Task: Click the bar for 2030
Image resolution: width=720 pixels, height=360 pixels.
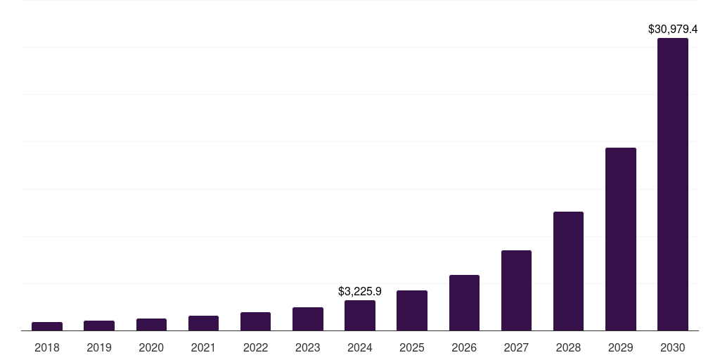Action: coord(672,184)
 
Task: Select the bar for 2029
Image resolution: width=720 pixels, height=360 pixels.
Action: coord(620,239)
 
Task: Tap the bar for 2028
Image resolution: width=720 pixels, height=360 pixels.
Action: coord(568,271)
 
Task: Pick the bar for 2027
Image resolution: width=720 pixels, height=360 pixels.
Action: coord(516,290)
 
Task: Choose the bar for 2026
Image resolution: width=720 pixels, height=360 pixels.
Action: coord(464,302)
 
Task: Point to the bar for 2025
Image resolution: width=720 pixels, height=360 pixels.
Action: coord(412,310)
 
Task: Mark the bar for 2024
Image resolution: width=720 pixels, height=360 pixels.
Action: coord(360,315)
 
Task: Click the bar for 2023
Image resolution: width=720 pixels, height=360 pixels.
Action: coord(308,319)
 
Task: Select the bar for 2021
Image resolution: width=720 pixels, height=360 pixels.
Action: coord(203,323)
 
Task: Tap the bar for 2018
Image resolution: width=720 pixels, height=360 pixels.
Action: coord(47,326)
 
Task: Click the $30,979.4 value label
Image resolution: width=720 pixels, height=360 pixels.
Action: coord(672,30)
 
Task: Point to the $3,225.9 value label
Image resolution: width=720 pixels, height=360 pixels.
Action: coord(360,291)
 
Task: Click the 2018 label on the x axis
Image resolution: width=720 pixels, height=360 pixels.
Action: coord(47,347)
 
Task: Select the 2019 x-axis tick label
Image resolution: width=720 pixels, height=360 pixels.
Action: coord(99,347)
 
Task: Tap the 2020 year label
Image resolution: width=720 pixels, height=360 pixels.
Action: coord(151,347)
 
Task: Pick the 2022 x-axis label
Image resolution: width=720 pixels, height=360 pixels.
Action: coord(255,347)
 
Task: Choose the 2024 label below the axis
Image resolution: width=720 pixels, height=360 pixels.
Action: coord(360,347)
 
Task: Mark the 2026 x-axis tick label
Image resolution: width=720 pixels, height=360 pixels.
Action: coord(464,347)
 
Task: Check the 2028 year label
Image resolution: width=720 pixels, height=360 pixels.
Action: coord(568,347)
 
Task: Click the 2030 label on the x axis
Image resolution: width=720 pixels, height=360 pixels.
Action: coord(672,347)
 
